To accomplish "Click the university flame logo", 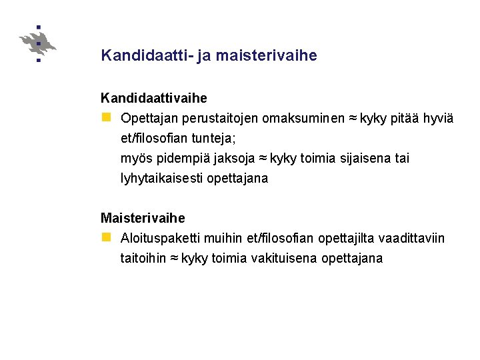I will tap(38, 44).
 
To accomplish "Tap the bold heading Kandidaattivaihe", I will tap(154, 98).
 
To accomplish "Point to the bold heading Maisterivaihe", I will tap(143, 218).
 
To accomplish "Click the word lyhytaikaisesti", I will tap(161, 179).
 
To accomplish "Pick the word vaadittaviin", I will tap(411, 239).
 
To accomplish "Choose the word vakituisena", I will tap(285, 259).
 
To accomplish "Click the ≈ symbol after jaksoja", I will tap(262, 159).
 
